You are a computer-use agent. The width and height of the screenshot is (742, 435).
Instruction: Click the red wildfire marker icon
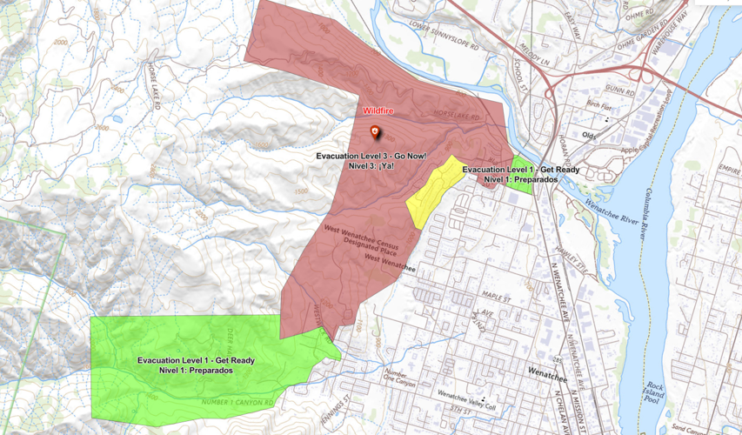[375, 132]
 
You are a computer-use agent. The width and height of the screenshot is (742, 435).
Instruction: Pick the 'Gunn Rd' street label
[615, 90]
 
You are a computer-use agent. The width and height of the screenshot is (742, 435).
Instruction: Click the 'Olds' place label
[590, 135]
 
